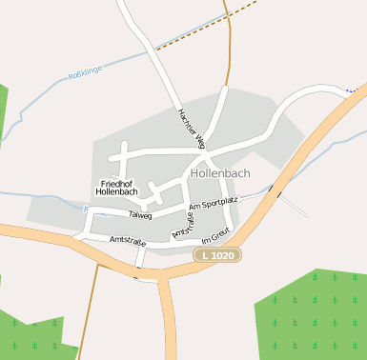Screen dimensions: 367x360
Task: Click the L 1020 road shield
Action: (x=218, y=255)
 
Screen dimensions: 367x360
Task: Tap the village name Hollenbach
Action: (x=220, y=174)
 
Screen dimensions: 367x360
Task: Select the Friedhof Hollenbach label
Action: (x=119, y=187)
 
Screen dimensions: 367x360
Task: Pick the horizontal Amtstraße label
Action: (x=127, y=240)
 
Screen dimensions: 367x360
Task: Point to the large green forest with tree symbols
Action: (x=315, y=314)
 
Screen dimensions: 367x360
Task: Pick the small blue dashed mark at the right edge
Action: (x=356, y=90)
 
